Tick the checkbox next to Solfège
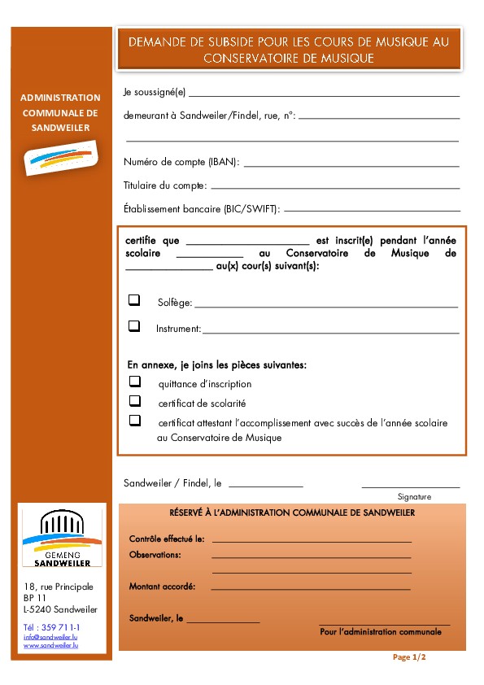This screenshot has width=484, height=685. pyautogui.click(x=134, y=300)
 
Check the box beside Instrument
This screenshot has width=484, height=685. pyautogui.click(x=134, y=325)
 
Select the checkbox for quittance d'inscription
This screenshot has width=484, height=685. pyautogui.click(x=135, y=381)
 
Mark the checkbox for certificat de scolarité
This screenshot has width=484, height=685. pyautogui.click(x=135, y=400)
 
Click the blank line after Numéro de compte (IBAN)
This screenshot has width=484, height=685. pyautogui.click(x=351, y=165)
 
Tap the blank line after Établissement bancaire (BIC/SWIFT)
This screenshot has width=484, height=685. pyautogui.click(x=371, y=211)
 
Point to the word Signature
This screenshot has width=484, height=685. pyautogui.click(x=414, y=496)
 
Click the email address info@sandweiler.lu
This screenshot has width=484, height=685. pyautogui.click(x=50, y=636)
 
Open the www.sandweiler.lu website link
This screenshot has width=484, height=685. pyautogui.click(x=50, y=645)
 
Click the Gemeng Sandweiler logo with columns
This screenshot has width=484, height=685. pyautogui.click(x=62, y=539)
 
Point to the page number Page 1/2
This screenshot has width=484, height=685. pyautogui.click(x=409, y=657)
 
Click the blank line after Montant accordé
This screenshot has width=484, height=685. pyautogui.click(x=310, y=587)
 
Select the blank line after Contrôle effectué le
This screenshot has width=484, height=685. pyautogui.click(x=312, y=540)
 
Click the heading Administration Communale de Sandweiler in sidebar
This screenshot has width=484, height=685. pyautogui.click(x=60, y=112)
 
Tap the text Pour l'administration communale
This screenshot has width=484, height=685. pyautogui.click(x=381, y=631)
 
